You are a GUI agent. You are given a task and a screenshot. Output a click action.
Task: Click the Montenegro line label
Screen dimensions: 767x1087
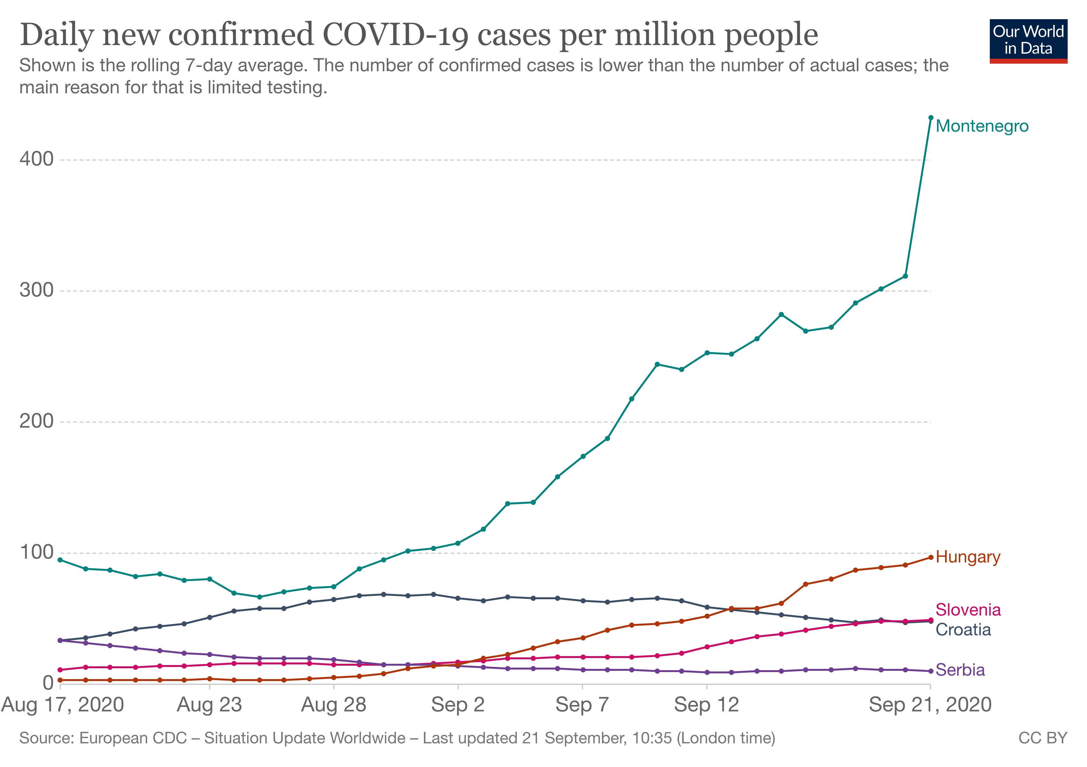click(x=982, y=126)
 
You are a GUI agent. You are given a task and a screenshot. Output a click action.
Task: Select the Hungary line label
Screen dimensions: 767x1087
click(x=968, y=557)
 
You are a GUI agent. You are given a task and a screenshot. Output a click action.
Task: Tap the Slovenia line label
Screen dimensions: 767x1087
click(x=968, y=610)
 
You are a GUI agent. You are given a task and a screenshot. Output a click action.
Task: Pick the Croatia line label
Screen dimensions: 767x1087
click(x=963, y=630)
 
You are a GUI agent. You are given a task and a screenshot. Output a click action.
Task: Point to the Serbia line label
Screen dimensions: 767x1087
click(x=960, y=670)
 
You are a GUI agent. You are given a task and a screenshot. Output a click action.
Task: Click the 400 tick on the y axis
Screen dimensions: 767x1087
click(x=36, y=159)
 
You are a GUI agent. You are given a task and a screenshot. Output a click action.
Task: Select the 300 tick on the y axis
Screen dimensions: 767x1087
click(x=36, y=290)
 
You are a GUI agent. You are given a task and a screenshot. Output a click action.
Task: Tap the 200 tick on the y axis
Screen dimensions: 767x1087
click(x=36, y=421)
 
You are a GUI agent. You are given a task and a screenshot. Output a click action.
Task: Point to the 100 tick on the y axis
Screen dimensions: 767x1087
click(x=36, y=552)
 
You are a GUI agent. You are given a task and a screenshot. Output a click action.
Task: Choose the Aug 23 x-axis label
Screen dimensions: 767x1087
click(x=209, y=705)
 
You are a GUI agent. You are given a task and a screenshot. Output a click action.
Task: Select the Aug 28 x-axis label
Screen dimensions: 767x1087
click(x=334, y=705)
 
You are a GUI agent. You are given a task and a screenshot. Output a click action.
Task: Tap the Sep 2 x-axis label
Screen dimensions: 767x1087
click(x=458, y=705)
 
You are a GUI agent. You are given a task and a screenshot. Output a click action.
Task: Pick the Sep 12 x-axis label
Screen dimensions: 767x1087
click(x=706, y=705)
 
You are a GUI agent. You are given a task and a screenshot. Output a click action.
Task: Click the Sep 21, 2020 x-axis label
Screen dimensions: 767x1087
click(x=930, y=705)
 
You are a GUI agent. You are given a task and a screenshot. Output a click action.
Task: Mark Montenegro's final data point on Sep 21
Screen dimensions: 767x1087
click(x=930, y=117)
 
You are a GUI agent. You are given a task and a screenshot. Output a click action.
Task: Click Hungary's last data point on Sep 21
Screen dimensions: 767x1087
click(x=930, y=557)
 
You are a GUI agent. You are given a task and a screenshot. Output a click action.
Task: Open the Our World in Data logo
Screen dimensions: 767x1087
click(x=1028, y=41)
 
